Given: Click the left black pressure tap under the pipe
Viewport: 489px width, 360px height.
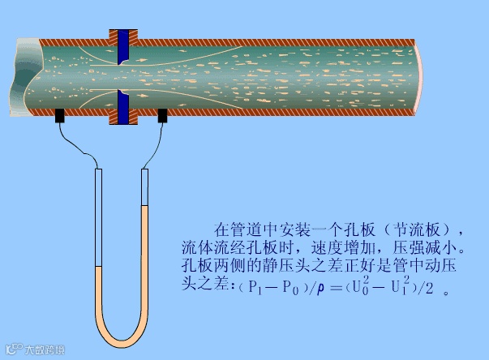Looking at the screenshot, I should (61, 117).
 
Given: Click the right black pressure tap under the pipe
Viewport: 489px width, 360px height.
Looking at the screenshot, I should (162, 116).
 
